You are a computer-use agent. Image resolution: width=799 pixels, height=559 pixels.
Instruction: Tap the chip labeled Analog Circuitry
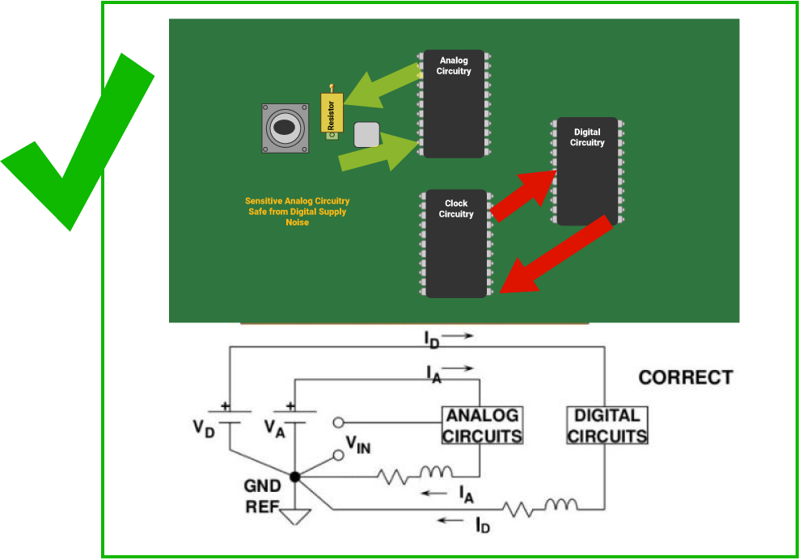[x=454, y=105]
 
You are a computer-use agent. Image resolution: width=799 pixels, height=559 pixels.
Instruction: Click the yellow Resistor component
[x=332, y=112]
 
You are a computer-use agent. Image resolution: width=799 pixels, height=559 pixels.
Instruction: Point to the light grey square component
[x=366, y=135]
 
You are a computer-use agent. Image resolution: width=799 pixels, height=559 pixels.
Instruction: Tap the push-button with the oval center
[x=285, y=128]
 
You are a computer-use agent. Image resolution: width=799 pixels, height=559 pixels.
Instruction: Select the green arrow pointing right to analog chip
[x=376, y=152]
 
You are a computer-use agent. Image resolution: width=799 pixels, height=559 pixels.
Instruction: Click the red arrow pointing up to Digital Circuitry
[x=526, y=195]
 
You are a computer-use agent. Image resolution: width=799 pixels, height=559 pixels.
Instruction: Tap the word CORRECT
[x=685, y=377]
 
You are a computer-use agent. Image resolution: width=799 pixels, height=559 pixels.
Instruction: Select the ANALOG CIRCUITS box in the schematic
[x=483, y=426]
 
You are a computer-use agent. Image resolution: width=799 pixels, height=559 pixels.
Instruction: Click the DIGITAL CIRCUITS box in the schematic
[x=607, y=426]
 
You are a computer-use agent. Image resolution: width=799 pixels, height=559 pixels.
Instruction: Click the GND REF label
[x=263, y=497]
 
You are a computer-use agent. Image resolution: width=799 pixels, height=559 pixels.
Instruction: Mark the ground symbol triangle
[x=295, y=515]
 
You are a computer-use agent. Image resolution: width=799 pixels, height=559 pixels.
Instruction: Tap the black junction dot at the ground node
[x=295, y=477]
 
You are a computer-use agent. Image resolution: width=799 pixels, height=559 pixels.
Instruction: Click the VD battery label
[x=204, y=427]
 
